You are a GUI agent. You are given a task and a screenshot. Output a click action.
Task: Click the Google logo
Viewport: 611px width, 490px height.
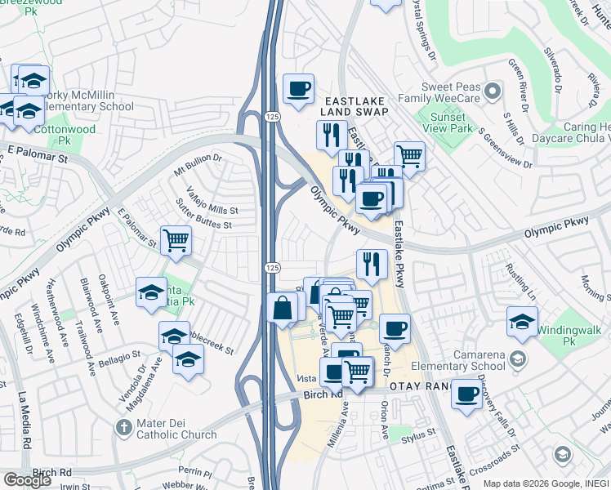tap(28, 480)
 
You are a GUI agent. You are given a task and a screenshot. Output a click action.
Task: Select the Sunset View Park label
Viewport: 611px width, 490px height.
tap(453, 122)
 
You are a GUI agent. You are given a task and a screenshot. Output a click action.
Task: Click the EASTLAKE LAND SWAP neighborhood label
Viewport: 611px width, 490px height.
tap(353, 105)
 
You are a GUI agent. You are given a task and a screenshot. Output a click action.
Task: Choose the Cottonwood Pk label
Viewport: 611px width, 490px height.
tap(65, 135)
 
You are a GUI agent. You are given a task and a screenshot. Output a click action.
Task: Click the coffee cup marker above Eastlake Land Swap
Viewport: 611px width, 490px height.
tap(298, 87)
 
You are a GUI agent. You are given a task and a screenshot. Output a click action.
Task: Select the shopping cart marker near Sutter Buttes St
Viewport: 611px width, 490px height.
tap(176, 240)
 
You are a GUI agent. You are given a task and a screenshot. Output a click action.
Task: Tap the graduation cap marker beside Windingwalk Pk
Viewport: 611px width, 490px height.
tap(522, 321)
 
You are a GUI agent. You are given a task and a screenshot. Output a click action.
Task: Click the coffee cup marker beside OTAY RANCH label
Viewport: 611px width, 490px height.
tap(466, 394)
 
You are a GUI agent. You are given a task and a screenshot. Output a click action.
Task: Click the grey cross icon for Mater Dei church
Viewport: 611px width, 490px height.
tap(123, 427)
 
